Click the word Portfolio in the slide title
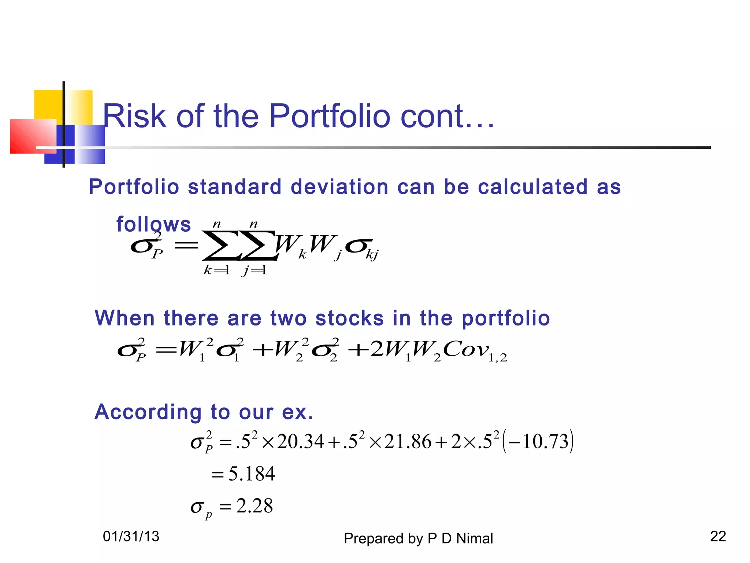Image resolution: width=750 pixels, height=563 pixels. tap(330, 116)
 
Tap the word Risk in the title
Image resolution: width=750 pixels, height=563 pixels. tap(134, 116)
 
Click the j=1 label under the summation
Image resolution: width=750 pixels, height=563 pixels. tap(254, 271)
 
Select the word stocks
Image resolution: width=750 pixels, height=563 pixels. tap(349, 318)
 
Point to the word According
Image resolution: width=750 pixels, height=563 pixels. tap(148, 412)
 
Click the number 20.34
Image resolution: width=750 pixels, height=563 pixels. tap(301, 441)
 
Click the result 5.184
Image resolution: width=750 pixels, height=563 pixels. tap(252, 474)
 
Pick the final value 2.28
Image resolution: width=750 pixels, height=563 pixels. tap(255, 506)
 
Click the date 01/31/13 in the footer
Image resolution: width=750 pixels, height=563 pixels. tap(131, 537)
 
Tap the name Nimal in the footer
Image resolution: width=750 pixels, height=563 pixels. tap(475, 538)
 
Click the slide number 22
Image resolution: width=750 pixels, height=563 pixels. tap(718, 536)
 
